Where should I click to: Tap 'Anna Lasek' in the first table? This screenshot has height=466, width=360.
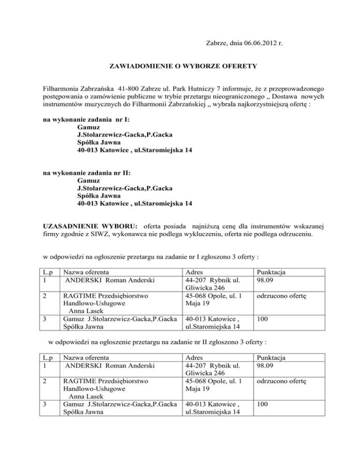pos(87,310)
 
